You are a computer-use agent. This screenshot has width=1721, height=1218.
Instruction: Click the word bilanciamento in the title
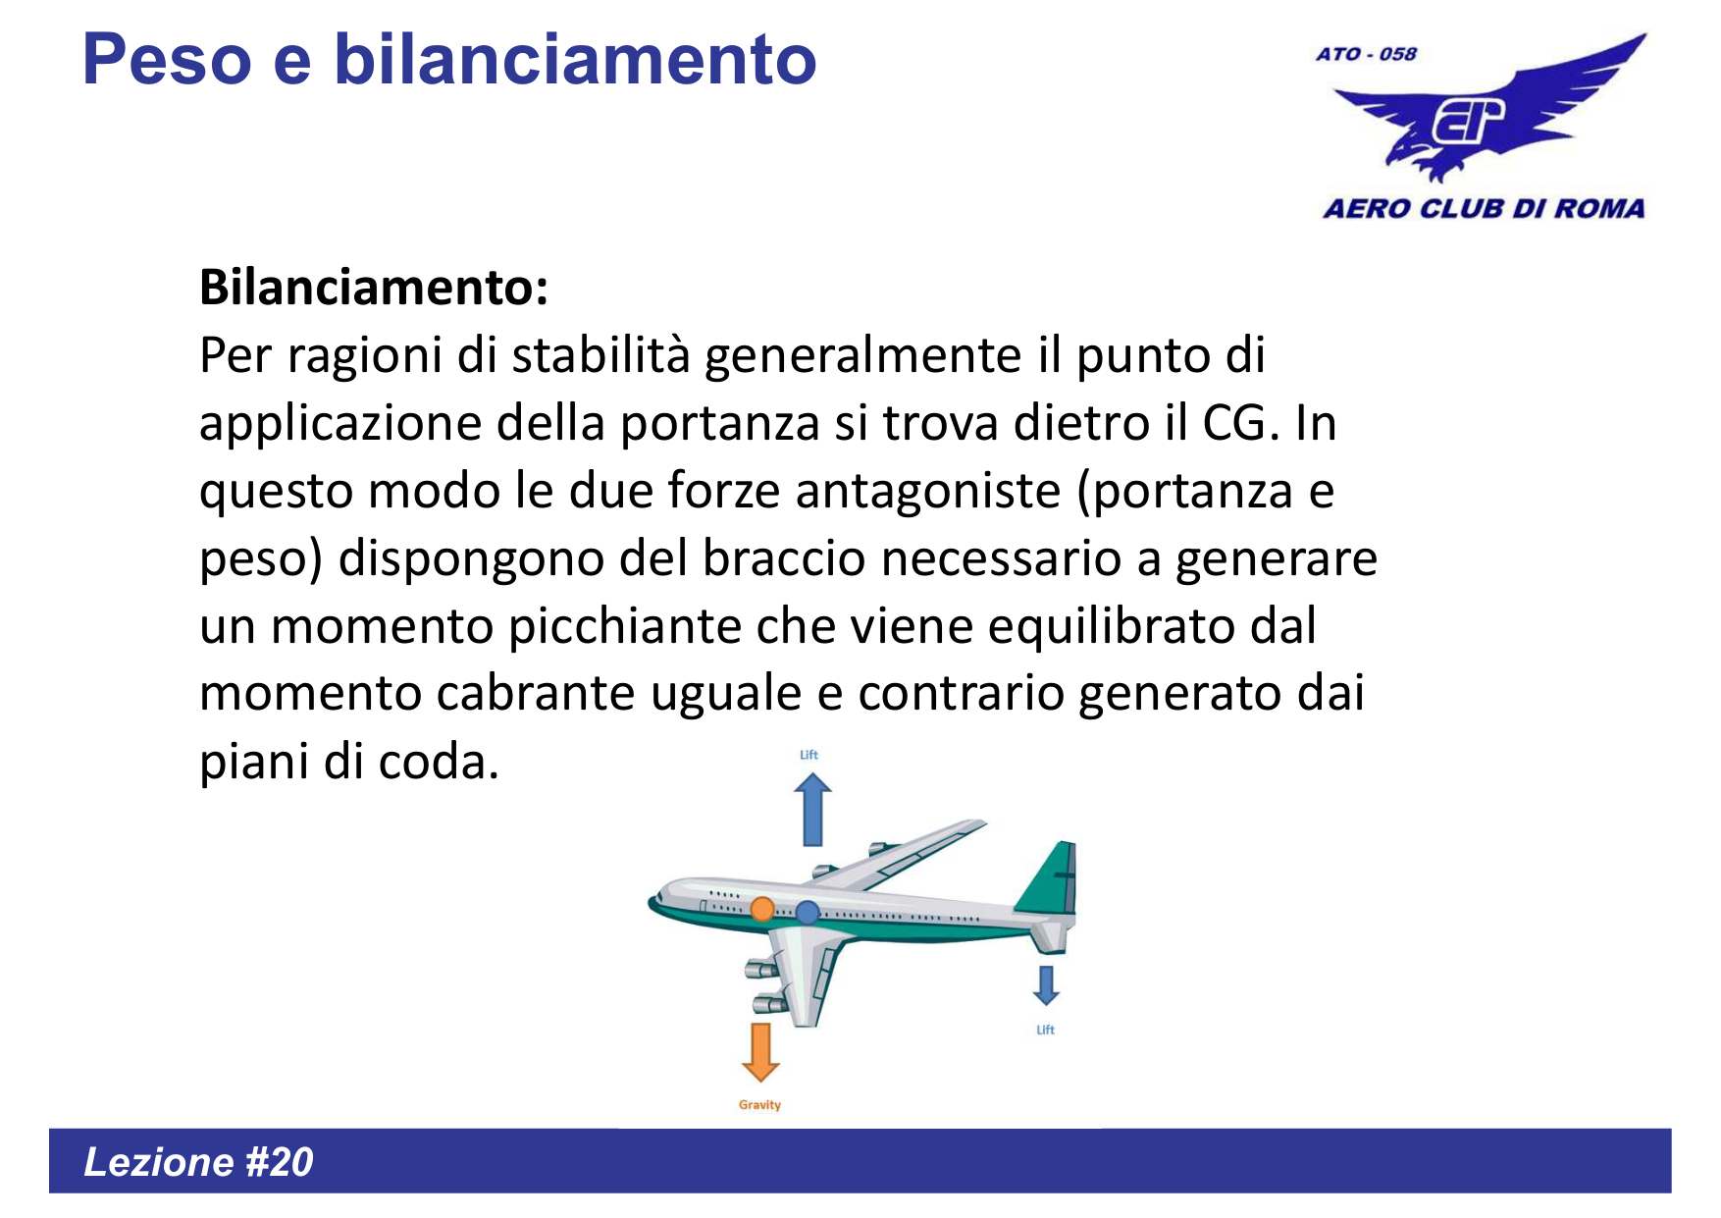click(575, 61)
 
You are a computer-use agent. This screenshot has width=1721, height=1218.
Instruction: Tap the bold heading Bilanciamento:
click(374, 288)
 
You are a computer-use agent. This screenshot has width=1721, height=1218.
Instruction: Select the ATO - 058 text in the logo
click(1366, 54)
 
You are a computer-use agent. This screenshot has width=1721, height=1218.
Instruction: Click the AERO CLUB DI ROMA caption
click(1484, 208)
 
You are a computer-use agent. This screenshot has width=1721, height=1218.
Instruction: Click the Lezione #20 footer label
click(198, 1162)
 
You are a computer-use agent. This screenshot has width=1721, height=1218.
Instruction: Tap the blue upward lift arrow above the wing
click(812, 810)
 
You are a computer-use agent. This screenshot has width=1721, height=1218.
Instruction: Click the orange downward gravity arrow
click(760, 1052)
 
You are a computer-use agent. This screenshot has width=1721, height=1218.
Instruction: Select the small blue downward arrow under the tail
click(1046, 985)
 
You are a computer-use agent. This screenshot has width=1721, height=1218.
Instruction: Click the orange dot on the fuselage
click(762, 909)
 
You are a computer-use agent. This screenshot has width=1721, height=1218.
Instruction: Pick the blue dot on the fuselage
click(808, 913)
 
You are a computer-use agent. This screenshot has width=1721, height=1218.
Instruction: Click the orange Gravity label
click(759, 1105)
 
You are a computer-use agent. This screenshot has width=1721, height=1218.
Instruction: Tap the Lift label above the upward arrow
click(808, 755)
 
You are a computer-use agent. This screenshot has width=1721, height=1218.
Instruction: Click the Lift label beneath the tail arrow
click(1045, 1030)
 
